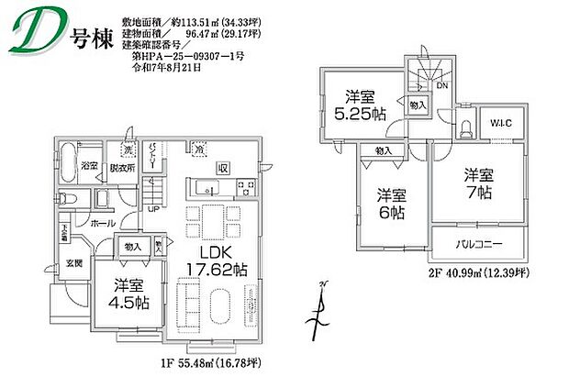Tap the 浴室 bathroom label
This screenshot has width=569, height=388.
tap(89, 167)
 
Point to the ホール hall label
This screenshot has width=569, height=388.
tap(102, 223)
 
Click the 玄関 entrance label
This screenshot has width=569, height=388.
tap(73, 263)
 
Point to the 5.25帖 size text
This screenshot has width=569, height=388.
tap(359, 115)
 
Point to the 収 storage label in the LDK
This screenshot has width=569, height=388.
tap(222, 168)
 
